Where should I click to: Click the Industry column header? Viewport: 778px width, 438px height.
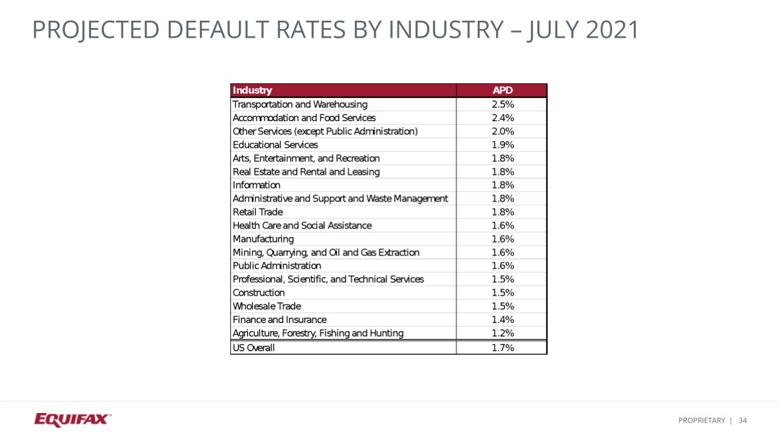253,91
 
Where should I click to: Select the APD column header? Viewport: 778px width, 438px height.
503,91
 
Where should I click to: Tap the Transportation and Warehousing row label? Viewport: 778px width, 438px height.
300,105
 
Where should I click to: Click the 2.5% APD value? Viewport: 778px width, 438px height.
503,105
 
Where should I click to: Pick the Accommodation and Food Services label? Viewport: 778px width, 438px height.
304,118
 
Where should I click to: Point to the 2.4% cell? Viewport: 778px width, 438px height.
503,118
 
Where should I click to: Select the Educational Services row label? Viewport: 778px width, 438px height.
275,145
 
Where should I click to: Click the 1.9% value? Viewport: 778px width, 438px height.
503,145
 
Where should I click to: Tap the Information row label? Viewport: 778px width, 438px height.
256,185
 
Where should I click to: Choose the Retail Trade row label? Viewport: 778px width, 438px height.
258,212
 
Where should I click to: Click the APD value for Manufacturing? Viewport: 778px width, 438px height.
503,239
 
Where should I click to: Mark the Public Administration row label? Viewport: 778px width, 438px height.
277,266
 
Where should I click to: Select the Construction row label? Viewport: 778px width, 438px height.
258,293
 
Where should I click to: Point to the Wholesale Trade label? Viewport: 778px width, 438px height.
267,306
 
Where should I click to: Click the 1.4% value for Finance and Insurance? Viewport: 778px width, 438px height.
503,319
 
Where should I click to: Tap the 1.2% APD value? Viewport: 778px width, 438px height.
503,333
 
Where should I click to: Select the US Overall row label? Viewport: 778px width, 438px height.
253,348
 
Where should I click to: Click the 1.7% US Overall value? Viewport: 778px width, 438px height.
503,348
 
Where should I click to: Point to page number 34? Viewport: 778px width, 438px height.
743,420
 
